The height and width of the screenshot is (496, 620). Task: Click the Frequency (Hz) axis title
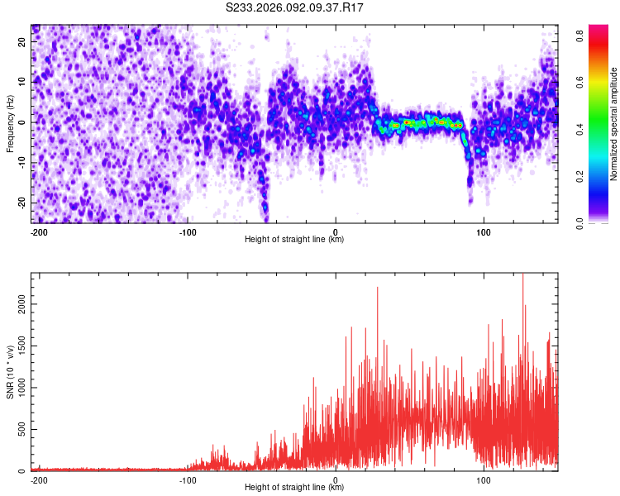click(x=10, y=122)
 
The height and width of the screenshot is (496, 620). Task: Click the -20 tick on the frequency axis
click(x=22, y=203)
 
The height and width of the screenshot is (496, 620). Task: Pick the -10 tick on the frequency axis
click(x=22, y=162)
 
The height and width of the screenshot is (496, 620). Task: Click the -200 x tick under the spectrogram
click(x=38, y=231)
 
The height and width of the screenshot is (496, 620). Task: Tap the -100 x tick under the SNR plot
click(x=187, y=479)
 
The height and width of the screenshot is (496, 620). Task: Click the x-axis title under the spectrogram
click(x=294, y=240)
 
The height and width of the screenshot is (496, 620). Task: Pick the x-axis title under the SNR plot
click(x=294, y=488)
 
